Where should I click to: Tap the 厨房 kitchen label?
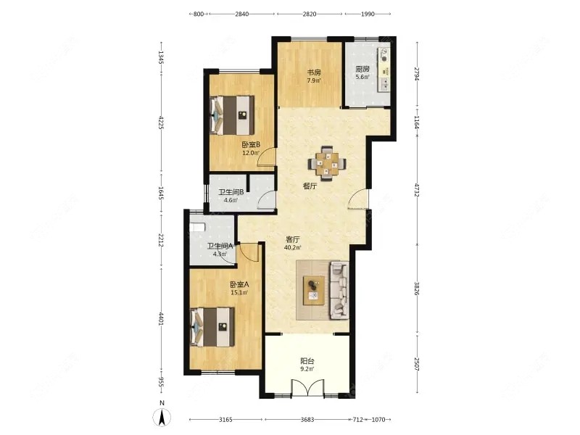pos(362,69)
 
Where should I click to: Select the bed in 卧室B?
pos(232,115)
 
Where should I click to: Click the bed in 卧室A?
pos(212,327)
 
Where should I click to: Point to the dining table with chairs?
pos(327,164)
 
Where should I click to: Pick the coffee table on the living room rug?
pos(314,291)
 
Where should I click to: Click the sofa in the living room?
pos(339,290)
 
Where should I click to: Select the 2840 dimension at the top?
pos(241,14)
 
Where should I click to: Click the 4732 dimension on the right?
pos(417,190)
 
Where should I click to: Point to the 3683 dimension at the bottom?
pos(307,420)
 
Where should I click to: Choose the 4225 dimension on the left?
pos(161,123)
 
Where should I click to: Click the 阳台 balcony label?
pos(307,361)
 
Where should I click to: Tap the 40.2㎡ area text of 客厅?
pos(292,247)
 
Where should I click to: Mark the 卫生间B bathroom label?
pos(231,192)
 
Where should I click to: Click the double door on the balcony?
pos(307,389)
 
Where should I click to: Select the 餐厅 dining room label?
pos(310,186)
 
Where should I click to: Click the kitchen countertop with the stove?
pos(384,70)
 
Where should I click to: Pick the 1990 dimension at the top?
pos(368,14)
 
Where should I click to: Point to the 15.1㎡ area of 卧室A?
pos(239,292)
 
